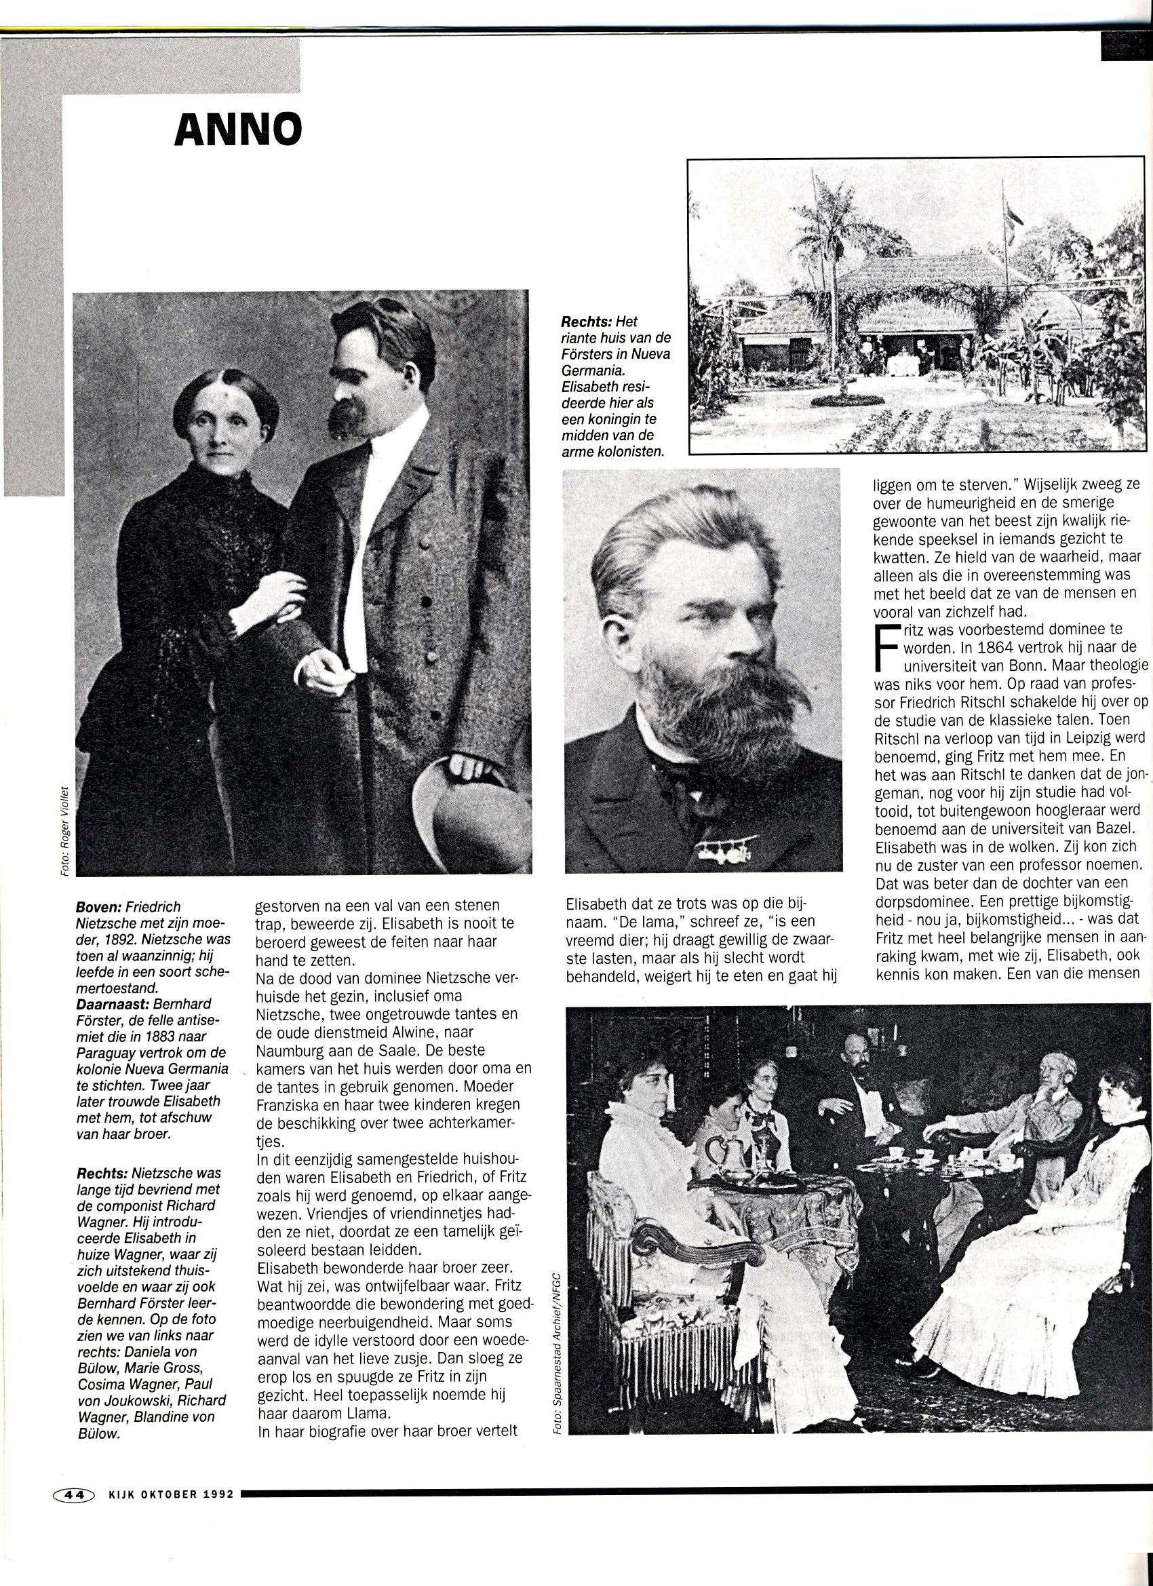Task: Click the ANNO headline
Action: coord(238,130)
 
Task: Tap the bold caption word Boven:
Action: coord(98,907)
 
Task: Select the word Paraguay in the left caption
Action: coord(109,1052)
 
